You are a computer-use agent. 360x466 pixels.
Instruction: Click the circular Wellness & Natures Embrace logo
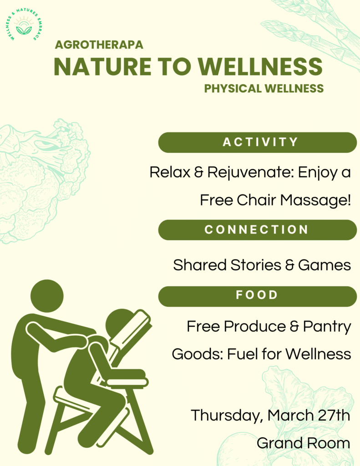24,25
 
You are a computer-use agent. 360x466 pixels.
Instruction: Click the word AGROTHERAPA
99,45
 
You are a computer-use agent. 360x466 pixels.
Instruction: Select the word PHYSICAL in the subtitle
233,89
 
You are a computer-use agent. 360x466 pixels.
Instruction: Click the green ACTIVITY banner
258,142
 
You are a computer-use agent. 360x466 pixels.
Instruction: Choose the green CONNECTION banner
258,230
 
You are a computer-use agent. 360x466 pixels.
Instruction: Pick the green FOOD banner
258,296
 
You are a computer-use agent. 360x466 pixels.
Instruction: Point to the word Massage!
315,200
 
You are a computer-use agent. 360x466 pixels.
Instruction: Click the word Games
325,265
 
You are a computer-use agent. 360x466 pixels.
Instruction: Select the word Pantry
327,327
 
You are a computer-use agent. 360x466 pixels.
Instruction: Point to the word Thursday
227,415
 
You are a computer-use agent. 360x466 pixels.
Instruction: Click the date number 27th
334,415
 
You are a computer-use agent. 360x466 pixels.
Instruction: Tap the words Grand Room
303,443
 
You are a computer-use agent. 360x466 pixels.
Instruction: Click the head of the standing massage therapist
47,296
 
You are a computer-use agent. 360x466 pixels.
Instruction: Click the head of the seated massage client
118,324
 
